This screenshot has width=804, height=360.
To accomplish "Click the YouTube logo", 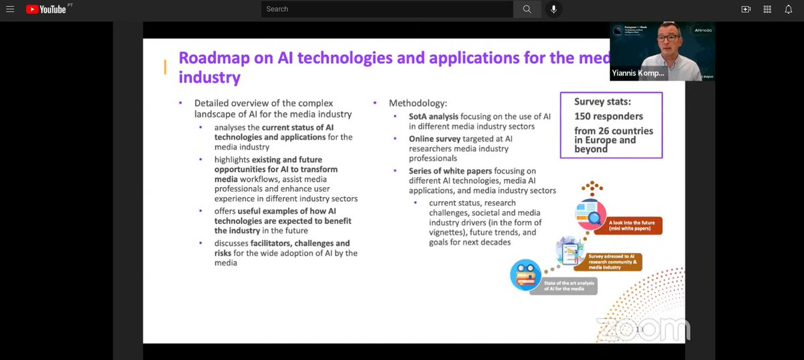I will (46, 9).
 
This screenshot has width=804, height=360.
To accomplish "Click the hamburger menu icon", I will (10, 9).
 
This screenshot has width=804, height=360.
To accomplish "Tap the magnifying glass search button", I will (527, 9).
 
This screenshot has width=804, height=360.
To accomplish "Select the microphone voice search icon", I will (553, 9).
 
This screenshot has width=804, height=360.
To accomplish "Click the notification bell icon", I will (789, 9).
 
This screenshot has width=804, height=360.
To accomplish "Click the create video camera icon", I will (746, 9).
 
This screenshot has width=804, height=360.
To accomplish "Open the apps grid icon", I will (767, 9).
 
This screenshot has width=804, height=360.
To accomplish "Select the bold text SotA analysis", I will (433, 116).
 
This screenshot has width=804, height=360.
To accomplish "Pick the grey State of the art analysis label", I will (563, 286).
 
